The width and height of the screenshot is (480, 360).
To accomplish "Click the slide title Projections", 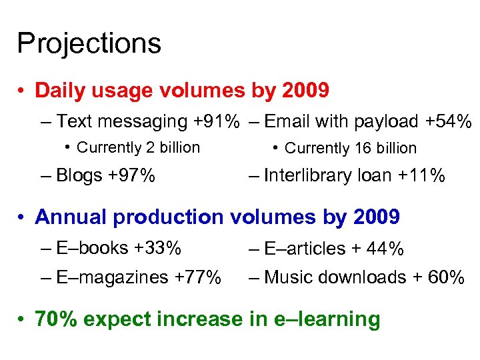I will (89, 44).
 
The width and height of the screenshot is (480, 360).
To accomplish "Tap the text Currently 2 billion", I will (139, 148).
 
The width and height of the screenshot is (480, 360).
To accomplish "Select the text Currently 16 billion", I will (351, 149).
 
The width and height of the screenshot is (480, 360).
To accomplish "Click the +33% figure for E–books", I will (157, 248).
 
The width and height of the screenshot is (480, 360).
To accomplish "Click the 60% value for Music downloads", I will (447, 277).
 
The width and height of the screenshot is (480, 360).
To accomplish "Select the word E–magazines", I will (111, 277).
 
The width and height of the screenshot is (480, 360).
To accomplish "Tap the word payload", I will (387, 122).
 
